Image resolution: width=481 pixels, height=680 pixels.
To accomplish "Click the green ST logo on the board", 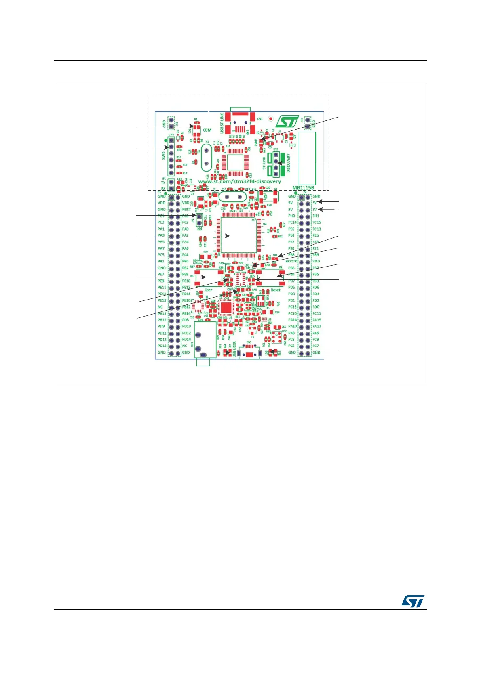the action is pyautogui.click(x=287, y=122).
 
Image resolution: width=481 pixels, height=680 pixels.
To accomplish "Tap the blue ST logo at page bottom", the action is pyautogui.click(x=413, y=601).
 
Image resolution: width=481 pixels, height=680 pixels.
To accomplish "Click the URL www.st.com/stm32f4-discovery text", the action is pyautogui.click(x=239, y=182).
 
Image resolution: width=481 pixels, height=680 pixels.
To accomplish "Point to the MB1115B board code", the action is pyautogui.click(x=303, y=188).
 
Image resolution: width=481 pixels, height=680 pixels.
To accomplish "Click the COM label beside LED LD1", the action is pyautogui.click(x=207, y=130).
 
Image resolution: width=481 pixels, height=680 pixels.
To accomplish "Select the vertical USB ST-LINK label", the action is pyautogui.click(x=222, y=124).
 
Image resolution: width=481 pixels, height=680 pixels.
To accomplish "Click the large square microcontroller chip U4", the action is pyautogui.click(x=237, y=236).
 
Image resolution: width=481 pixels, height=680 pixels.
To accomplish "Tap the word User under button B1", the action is pyautogui.click(x=208, y=290).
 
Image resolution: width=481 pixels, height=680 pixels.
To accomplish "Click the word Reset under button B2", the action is pyautogui.click(x=276, y=290).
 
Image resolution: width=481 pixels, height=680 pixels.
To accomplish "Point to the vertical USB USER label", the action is pyautogui.click(x=234, y=350).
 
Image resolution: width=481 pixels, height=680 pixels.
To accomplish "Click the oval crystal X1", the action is pyautogui.click(x=207, y=158).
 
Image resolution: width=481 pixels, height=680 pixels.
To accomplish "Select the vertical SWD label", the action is pyautogui.click(x=164, y=155).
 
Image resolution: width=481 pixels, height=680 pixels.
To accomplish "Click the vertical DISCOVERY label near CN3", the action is pyautogui.click(x=289, y=163).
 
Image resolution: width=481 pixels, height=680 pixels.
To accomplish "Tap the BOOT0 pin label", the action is pyautogui.click(x=291, y=261).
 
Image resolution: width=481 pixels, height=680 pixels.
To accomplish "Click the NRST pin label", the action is pyautogui.click(x=186, y=210).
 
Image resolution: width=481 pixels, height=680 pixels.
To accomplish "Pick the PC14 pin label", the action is pyautogui.click(x=292, y=222).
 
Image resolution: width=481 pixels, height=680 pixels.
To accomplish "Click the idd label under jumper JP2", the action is pyautogui.click(x=199, y=229).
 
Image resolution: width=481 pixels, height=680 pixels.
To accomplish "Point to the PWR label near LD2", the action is pyautogui.click(x=256, y=142).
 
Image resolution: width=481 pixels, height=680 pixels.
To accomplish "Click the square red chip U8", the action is pyautogui.click(x=226, y=308).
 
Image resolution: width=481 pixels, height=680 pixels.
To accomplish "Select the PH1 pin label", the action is pyautogui.click(x=316, y=216).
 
